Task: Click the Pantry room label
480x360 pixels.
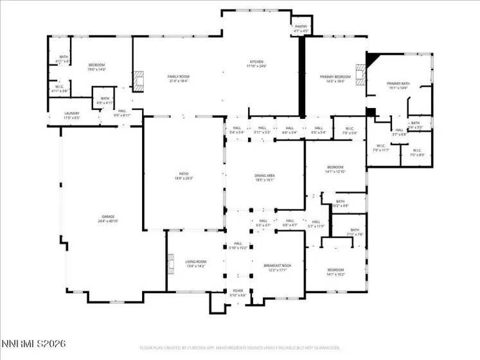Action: (x=301, y=28)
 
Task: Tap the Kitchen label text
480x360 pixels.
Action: (x=256, y=64)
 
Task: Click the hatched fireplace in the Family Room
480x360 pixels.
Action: (x=138, y=80)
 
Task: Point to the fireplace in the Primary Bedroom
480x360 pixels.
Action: (x=361, y=76)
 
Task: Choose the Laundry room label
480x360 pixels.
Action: (x=71, y=116)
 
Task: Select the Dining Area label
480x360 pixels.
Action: (x=265, y=177)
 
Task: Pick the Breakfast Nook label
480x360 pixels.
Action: (x=277, y=267)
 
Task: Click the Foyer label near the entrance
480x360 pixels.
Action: (x=238, y=292)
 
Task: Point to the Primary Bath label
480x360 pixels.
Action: (x=398, y=85)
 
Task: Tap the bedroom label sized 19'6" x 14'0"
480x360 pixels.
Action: (x=96, y=66)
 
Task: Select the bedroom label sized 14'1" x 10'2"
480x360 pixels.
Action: (x=335, y=271)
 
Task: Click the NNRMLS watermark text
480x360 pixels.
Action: (x=33, y=345)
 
